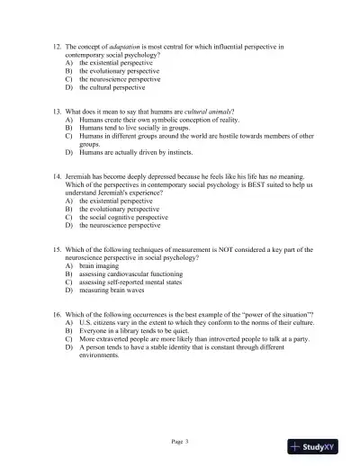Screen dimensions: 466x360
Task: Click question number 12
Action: coord(56,45)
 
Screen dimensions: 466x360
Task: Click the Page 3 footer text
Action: coord(179,441)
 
